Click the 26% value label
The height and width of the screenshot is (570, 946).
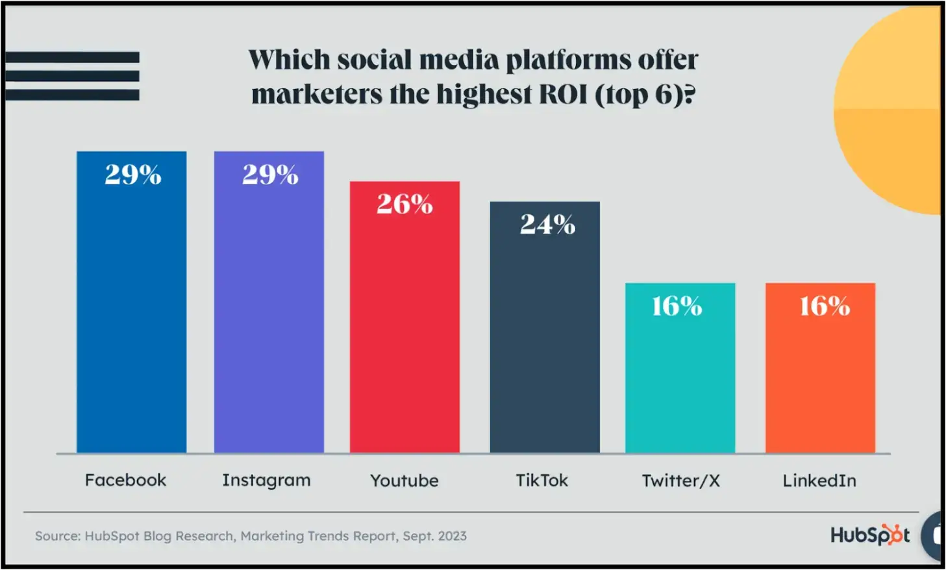405,204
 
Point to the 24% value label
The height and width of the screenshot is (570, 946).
547,225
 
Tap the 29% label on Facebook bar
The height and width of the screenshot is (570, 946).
132,175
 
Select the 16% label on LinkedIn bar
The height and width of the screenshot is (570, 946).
824,306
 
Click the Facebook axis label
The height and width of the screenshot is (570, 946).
125,480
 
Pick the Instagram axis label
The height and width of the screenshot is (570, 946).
266,480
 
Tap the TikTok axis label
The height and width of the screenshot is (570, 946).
541,480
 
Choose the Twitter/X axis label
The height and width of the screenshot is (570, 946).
680,481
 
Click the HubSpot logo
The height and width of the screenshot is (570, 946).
869,535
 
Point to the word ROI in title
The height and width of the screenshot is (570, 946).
563,94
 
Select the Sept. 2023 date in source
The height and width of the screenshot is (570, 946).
434,536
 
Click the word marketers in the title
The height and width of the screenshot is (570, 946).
317,94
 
